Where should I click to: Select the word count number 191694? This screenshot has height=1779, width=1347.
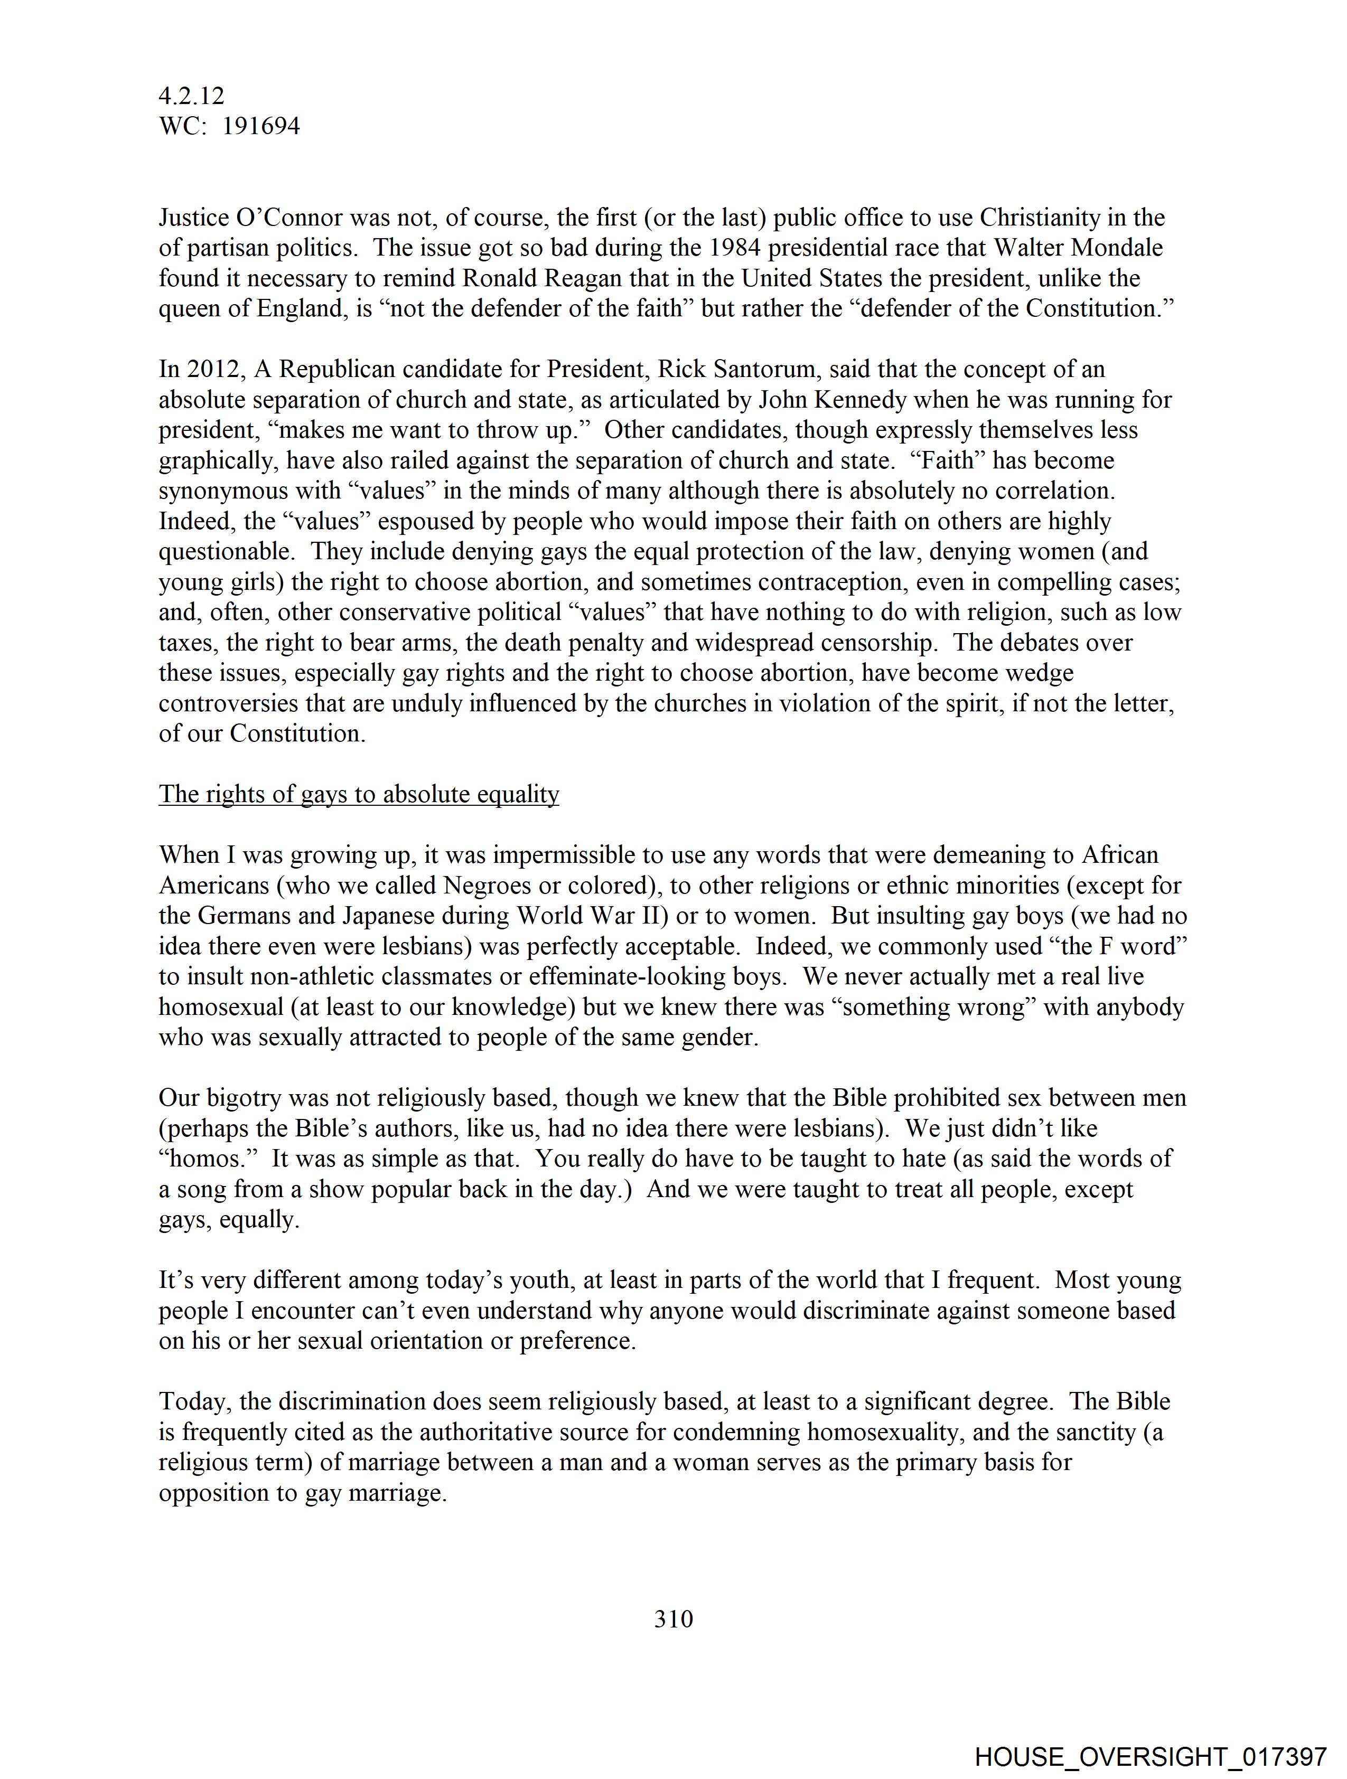[x=261, y=126]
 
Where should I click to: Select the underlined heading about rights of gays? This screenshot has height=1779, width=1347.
[x=359, y=794]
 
